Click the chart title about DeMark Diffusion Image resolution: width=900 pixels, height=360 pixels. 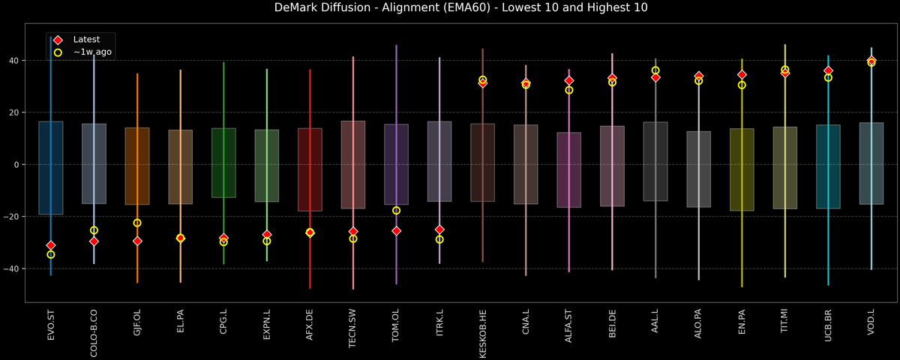pos(450,8)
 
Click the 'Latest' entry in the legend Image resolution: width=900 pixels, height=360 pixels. pos(85,39)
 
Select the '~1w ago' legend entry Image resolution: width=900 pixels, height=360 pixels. pos(91,52)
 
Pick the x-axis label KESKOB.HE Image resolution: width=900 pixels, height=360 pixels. pos(483,333)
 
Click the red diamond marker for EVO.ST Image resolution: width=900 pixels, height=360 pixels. pos(51,245)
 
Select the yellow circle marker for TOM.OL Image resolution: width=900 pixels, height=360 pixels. pos(396,211)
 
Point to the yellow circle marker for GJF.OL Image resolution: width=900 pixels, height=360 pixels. pos(137,223)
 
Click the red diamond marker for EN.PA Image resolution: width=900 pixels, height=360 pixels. pos(742,75)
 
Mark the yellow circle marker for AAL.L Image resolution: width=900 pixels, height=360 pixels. pos(655,70)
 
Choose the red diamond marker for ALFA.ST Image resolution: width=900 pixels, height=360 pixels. pos(569,80)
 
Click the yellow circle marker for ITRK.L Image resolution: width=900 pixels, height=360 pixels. pos(439,239)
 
